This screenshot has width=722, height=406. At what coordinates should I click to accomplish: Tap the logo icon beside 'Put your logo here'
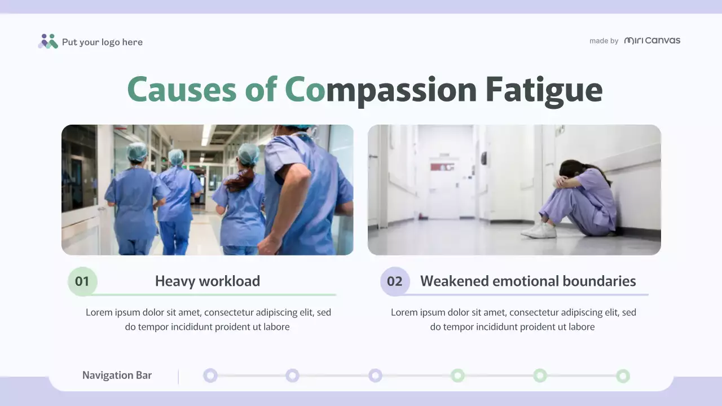48,41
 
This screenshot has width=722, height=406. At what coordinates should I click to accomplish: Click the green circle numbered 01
82,281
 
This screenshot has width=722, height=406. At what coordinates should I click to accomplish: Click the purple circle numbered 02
395,281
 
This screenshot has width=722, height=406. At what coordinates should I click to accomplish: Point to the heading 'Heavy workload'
208,281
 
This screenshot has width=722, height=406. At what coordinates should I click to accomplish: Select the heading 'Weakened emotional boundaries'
528,281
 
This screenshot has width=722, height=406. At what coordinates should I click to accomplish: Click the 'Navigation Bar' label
117,376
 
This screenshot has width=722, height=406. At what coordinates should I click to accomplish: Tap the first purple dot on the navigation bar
210,376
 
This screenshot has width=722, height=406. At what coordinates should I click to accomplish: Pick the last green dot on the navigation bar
623,376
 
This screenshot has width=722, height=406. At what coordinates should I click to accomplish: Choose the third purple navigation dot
375,376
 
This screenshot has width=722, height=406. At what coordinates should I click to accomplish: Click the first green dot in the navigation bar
457,376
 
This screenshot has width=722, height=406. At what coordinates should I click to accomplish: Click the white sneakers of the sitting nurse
539,231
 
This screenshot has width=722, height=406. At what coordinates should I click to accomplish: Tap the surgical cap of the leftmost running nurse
137,151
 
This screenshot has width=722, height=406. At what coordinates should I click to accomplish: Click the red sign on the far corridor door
442,167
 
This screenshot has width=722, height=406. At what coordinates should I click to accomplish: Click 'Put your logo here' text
102,42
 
